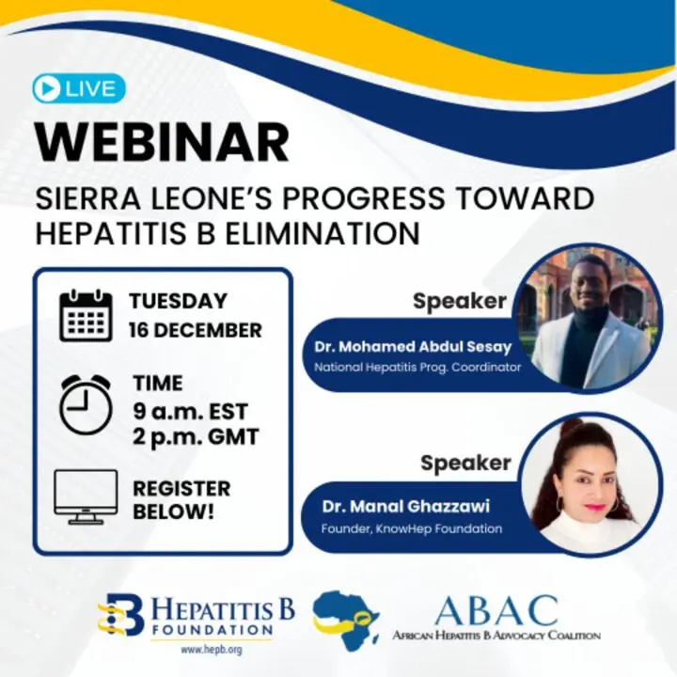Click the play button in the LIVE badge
tap(47, 88)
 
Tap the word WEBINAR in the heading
tap(163, 142)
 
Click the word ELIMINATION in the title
tap(323, 234)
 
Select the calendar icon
tap(86, 316)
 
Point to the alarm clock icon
tap(86, 404)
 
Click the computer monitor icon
tap(86, 497)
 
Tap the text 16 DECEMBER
tap(196, 330)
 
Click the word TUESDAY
tap(178, 301)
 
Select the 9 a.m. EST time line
tap(190, 412)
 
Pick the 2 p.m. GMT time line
tap(196, 437)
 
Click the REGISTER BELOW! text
tap(181, 500)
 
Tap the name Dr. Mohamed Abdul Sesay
tap(413, 347)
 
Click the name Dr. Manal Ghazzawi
tap(406, 507)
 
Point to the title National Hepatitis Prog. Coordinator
tap(417, 368)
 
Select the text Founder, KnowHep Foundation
tap(412, 528)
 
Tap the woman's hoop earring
tap(562, 504)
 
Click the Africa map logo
tap(345, 621)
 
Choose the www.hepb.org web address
tap(212, 650)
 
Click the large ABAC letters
tap(496, 611)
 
